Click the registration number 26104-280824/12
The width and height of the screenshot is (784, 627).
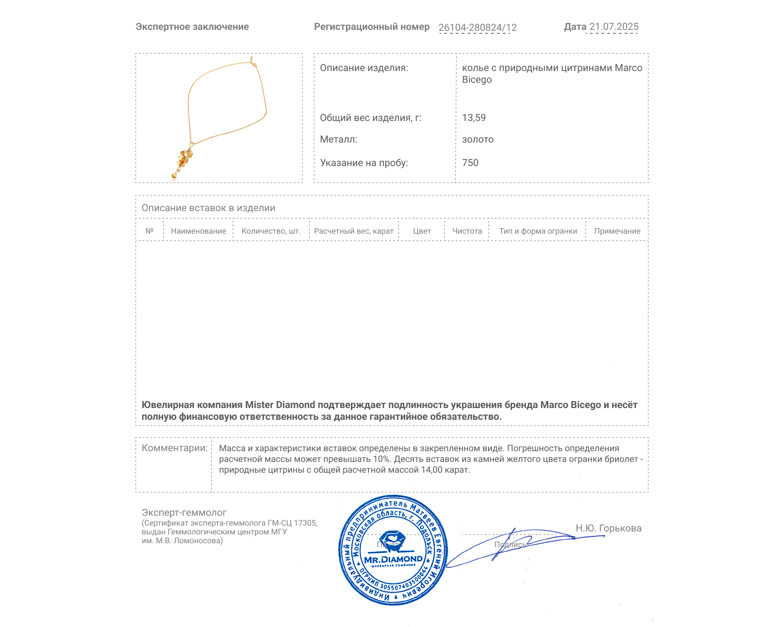pos(477,27)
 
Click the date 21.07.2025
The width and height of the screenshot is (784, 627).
pos(613,27)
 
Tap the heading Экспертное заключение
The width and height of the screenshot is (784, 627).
pos(192,27)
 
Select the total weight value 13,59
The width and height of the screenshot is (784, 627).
pos(474,118)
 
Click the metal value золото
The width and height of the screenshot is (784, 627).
pos(478,139)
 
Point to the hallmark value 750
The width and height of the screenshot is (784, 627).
pos(470,163)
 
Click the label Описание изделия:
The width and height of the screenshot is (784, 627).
pos(364,68)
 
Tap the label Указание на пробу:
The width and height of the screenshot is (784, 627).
pos(364,163)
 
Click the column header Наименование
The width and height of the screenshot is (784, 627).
pos(198,231)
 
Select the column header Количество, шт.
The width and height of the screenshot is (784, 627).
pos(271,231)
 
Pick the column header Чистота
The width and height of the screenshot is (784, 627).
pos(467,231)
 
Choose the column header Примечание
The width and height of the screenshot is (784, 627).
pos(617,231)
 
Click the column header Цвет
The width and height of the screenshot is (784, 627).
pos(422,231)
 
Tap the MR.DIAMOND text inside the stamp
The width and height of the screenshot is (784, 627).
pos(393,559)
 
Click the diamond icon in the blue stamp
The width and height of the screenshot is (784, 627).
pos(392,541)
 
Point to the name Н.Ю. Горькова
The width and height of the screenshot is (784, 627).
pos(608,528)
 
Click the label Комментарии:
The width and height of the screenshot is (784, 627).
pos(174,448)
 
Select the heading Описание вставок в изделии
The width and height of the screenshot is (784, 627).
pos(208,208)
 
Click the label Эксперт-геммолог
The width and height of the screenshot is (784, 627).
pos(184,513)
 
